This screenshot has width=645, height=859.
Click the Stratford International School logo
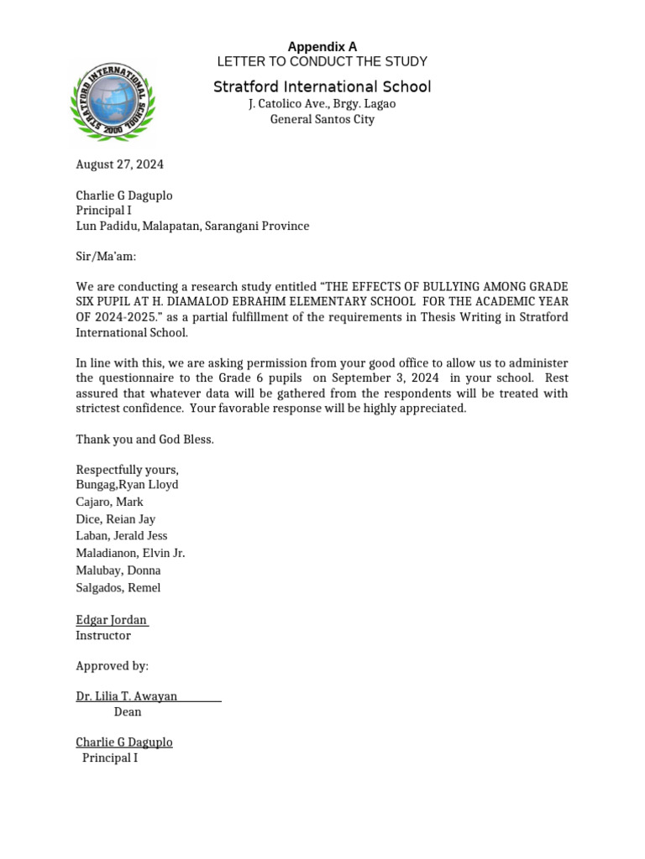pyautogui.click(x=113, y=101)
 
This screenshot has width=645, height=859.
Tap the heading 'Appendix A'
pyautogui.click(x=322, y=47)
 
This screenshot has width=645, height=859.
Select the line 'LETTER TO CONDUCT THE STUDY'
pyautogui.click(x=322, y=61)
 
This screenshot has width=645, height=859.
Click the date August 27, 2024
pyautogui.click(x=120, y=164)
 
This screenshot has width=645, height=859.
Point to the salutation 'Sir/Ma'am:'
pyautogui.click(x=106, y=256)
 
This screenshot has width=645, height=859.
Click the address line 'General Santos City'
pyautogui.click(x=322, y=119)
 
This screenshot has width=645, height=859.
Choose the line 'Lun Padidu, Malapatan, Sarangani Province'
pyautogui.click(x=192, y=226)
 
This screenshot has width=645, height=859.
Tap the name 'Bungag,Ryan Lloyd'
pyautogui.click(x=127, y=484)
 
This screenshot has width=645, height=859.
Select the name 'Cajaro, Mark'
pyautogui.click(x=109, y=502)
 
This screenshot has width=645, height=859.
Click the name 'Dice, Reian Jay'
pyautogui.click(x=116, y=519)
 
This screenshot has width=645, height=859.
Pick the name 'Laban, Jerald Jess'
pyautogui.click(x=122, y=535)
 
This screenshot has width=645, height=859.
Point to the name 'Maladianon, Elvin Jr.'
pyautogui.click(x=130, y=553)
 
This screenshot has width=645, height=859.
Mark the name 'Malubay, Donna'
pyautogui.click(x=118, y=570)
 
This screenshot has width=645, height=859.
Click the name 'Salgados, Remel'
pyautogui.click(x=118, y=587)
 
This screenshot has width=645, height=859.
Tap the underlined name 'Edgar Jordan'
pyautogui.click(x=112, y=620)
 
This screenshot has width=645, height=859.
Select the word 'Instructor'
pyautogui.click(x=103, y=636)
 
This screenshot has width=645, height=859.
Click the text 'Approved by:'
pyautogui.click(x=112, y=666)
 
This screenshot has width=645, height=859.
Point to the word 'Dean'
pyautogui.click(x=128, y=711)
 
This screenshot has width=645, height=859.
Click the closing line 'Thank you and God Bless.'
pyautogui.click(x=144, y=440)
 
